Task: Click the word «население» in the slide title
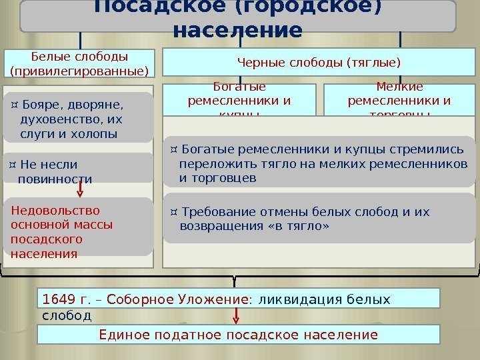tap(237, 31)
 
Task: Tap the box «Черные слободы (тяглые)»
tap(319, 64)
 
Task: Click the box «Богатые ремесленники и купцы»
tap(239, 99)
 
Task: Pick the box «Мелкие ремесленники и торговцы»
tap(399, 99)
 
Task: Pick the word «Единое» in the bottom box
tap(121, 335)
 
